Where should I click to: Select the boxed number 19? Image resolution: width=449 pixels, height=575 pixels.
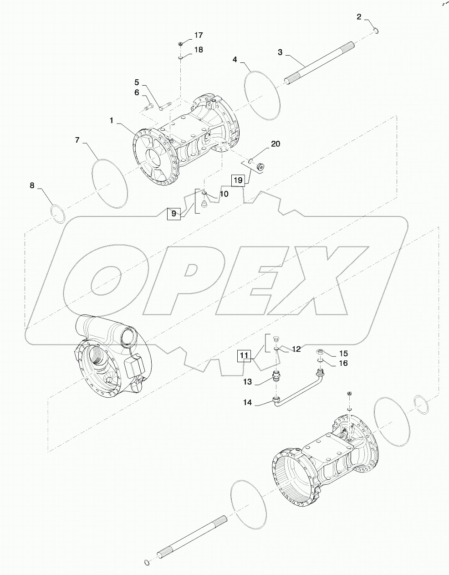(x=238, y=180)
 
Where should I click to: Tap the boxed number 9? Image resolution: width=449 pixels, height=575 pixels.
(x=173, y=213)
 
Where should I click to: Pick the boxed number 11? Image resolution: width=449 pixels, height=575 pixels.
(x=245, y=354)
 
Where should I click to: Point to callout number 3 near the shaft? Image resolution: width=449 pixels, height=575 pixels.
(x=281, y=52)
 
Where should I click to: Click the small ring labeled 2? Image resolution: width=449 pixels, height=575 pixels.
(x=377, y=31)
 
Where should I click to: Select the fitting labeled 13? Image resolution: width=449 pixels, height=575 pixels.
(x=276, y=376)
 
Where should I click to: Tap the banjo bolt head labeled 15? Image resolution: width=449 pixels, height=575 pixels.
(x=320, y=351)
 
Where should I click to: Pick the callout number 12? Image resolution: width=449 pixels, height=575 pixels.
(x=296, y=349)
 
